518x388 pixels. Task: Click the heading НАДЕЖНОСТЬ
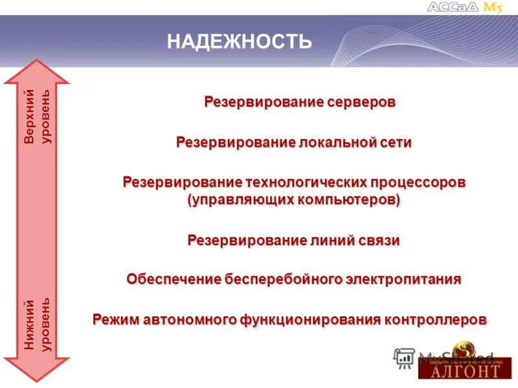(240, 43)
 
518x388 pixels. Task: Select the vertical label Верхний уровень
(37, 118)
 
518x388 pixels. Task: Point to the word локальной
(337, 142)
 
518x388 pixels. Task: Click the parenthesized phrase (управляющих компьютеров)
(294, 199)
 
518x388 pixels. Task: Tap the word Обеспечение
(173, 279)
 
